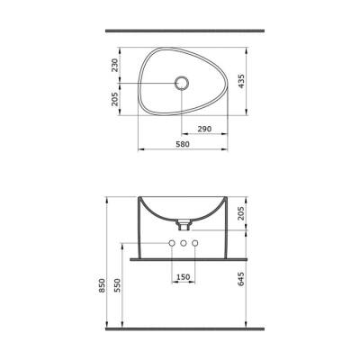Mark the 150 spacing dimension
pos(184,277)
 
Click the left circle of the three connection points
pos(171,245)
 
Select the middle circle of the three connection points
pos(184,245)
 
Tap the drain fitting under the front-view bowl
pos(184,220)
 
